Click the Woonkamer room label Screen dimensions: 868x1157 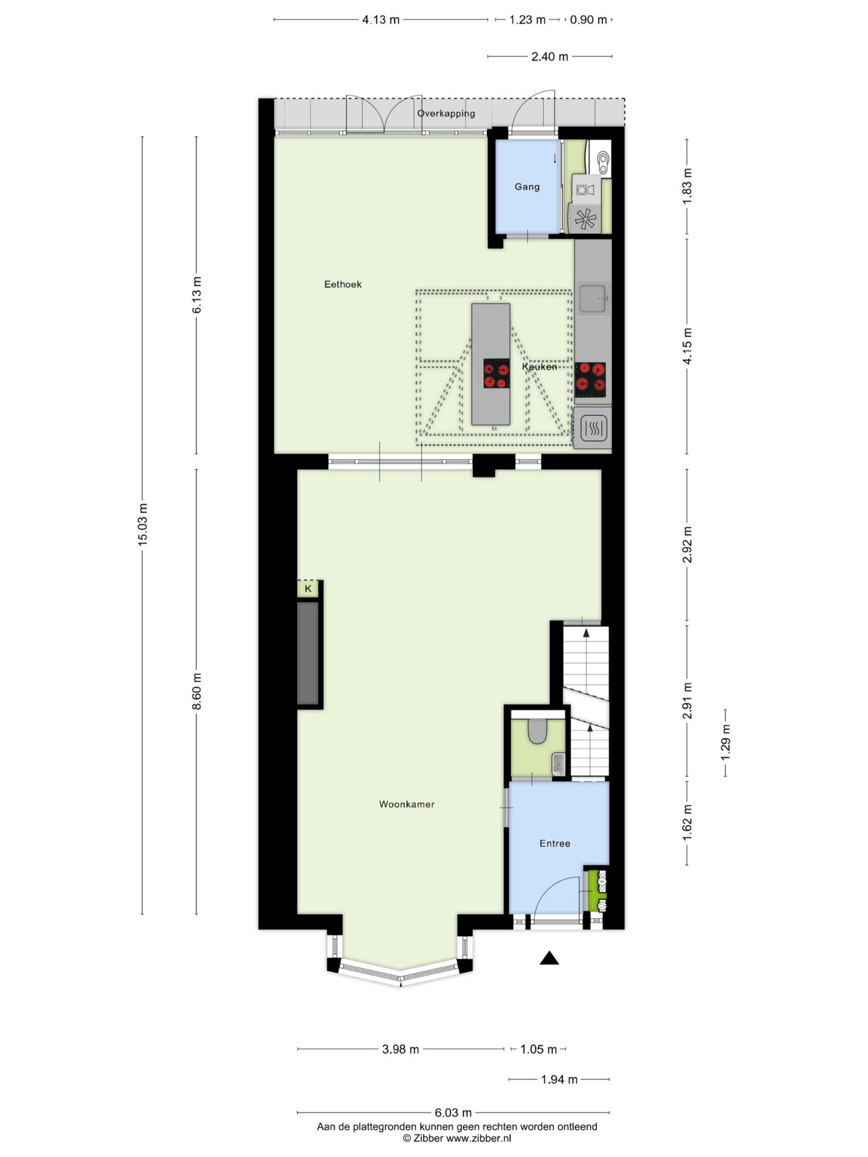coord(406,804)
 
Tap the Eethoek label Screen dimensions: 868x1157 coord(342,284)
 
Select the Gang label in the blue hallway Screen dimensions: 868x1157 coord(527,187)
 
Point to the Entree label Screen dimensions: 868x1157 coord(554,843)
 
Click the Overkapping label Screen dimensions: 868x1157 coord(446,114)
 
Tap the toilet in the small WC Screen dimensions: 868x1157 coord(537,731)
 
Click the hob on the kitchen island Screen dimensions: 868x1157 coord(496,373)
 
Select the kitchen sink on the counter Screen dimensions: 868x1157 coord(593,298)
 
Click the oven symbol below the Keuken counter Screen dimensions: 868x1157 coord(594,429)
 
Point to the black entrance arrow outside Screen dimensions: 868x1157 coord(549,958)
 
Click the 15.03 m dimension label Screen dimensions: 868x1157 coord(142,524)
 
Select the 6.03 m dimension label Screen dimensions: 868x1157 coord(453,1113)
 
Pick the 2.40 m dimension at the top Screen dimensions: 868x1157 coord(549,56)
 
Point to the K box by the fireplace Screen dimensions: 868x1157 coord(308,589)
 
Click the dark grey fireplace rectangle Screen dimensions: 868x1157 coord(308,654)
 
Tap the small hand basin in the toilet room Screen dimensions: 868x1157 coord(558,764)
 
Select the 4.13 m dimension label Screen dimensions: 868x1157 coord(380,20)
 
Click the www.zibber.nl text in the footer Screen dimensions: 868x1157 coord(478,1138)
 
